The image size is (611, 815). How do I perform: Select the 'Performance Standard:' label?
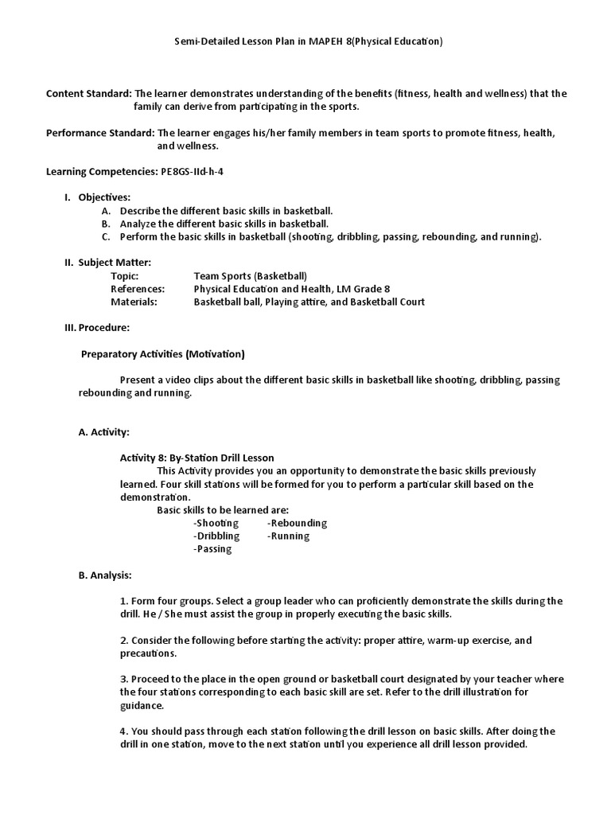(x=100, y=133)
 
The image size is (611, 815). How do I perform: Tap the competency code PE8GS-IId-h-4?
(x=197, y=171)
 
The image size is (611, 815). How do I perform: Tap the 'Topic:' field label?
(x=124, y=275)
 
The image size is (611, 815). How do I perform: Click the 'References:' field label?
(x=138, y=288)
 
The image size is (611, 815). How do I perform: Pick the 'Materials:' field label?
(x=134, y=302)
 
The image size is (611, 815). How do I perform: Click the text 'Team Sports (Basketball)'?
(x=250, y=275)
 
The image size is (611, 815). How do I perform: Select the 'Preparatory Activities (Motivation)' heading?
(x=163, y=353)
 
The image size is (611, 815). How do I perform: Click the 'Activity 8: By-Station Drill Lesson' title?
(x=197, y=458)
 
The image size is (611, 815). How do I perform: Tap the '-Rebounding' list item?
(x=297, y=523)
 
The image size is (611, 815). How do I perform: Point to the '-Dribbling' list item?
(x=216, y=536)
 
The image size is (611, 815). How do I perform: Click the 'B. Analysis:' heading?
(x=105, y=575)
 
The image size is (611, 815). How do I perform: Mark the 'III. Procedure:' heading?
(x=97, y=327)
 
